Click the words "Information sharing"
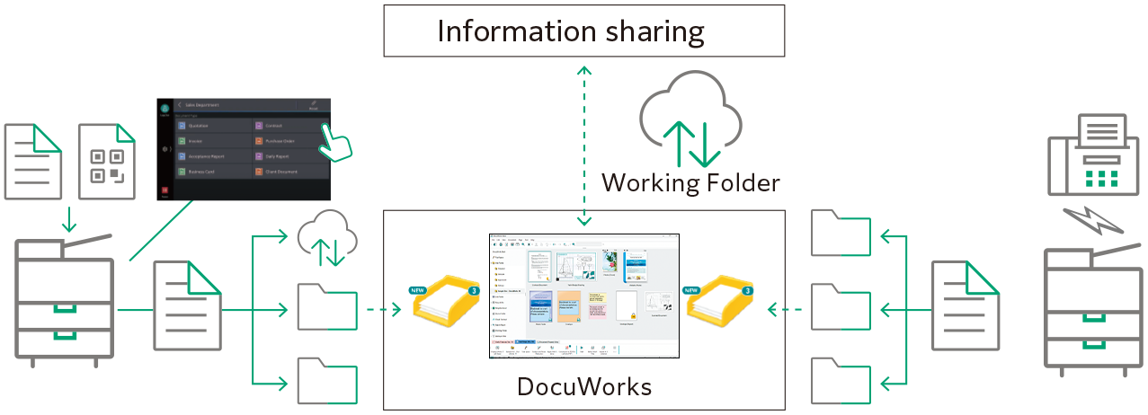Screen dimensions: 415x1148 [570, 32]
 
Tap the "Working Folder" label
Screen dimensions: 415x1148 [690, 183]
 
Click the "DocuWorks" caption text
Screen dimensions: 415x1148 [584, 387]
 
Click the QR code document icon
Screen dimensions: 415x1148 [107, 162]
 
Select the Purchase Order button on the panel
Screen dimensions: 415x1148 [286, 141]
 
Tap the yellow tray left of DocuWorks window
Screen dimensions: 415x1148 [445, 303]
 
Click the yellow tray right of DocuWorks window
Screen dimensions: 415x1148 [720, 303]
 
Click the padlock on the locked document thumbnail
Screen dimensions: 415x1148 [632, 315]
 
